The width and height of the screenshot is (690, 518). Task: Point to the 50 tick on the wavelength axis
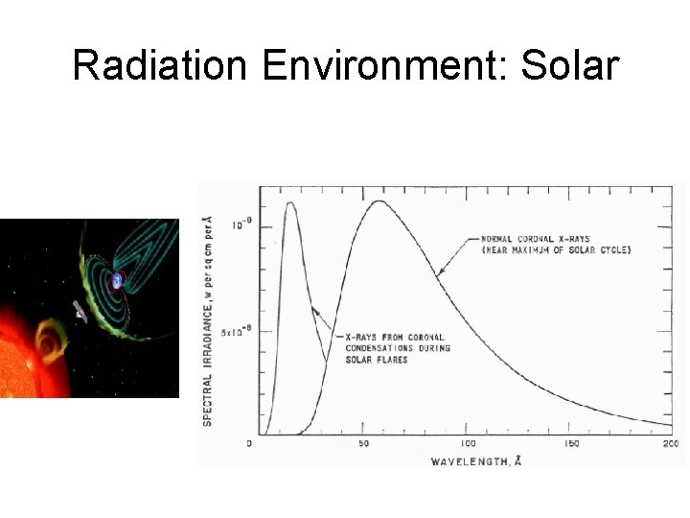(x=364, y=444)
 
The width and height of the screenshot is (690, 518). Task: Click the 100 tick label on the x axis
(x=468, y=444)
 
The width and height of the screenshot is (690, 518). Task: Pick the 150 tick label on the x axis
(x=571, y=444)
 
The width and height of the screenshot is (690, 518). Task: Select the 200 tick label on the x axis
(x=671, y=444)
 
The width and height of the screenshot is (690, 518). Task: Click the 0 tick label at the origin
(x=249, y=444)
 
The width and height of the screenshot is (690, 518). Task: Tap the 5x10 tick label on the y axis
(x=235, y=331)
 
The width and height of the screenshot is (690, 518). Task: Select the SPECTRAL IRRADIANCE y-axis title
(x=208, y=321)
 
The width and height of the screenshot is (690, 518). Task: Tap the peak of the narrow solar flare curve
(x=290, y=203)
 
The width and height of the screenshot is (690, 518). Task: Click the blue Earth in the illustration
(x=117, y=280)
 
